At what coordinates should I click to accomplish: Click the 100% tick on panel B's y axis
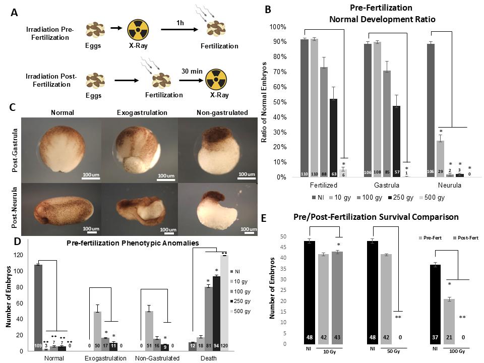coord(278,27)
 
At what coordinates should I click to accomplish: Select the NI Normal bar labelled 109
coord(38,308)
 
